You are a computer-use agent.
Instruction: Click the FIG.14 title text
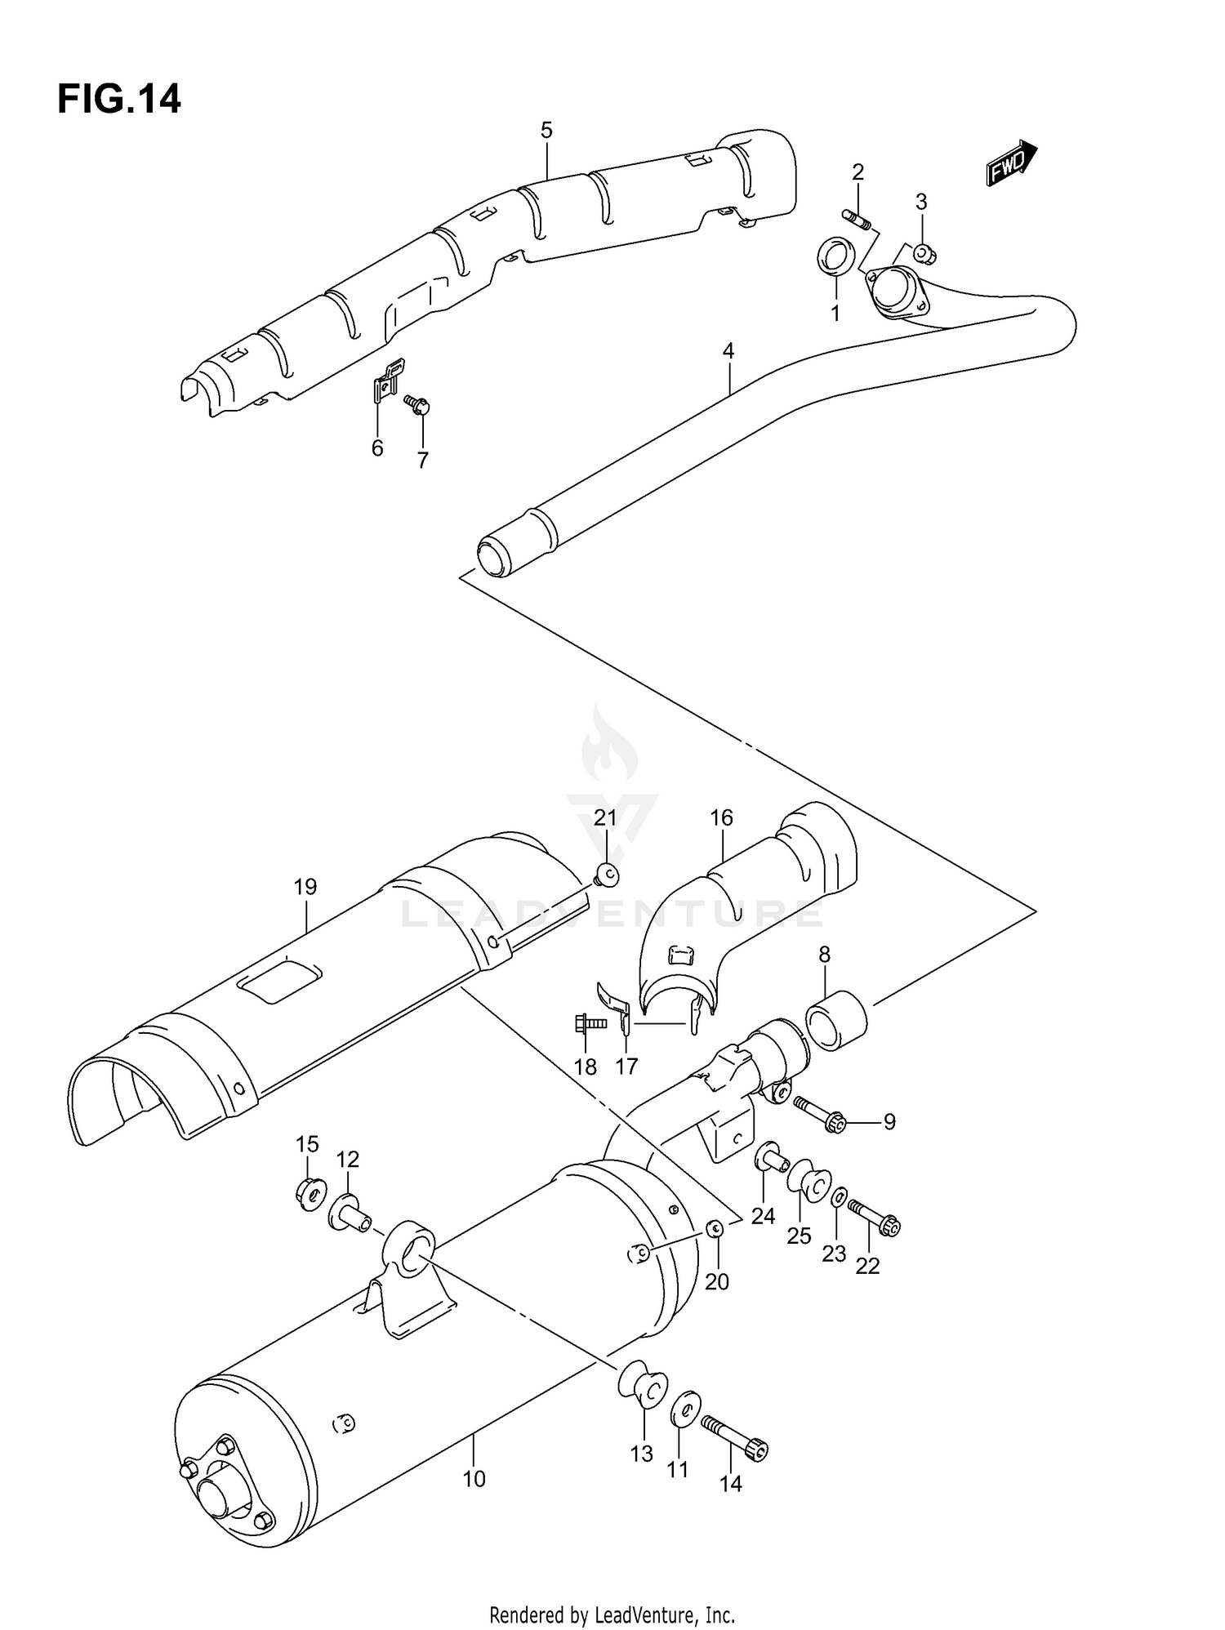click(x=119, y=100)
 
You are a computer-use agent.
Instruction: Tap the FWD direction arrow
click(x=1010, y=163)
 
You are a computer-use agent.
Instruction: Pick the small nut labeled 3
click(x=924, y=253)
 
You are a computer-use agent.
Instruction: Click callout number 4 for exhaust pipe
click(x=728, y=351)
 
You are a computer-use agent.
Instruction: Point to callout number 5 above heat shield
click(x=546, y=130)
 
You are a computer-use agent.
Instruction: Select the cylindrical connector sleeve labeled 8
click(x=836, y=1020)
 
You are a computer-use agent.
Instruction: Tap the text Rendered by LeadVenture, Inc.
click(x=612, y=1615)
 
